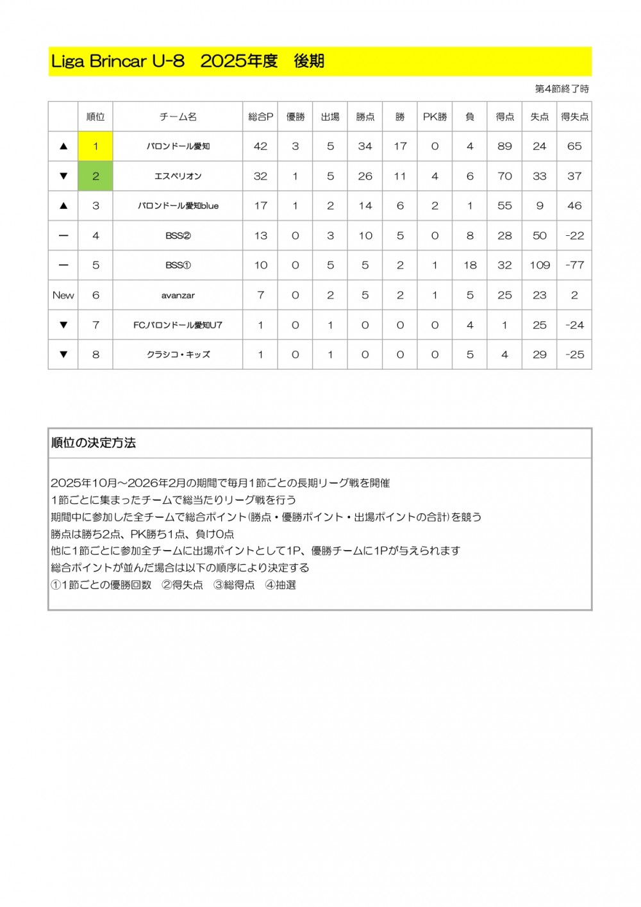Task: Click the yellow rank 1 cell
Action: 96,146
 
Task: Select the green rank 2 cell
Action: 96,176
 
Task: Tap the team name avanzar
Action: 178,295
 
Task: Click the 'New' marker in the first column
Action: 63,295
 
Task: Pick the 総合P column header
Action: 260,117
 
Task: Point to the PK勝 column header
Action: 435,117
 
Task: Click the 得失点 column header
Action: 574,117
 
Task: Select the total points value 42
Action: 260,146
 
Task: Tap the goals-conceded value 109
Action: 540,265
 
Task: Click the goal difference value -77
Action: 574,265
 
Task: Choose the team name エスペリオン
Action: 178,176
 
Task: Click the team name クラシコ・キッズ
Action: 178,354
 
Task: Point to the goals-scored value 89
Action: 504,146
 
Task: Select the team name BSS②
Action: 178,236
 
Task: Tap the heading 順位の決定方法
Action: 94,443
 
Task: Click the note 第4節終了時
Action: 562,89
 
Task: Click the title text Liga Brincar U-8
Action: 118,62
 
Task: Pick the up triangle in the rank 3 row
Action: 63,206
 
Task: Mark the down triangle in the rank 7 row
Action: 63,325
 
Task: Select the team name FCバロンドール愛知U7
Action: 178,325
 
